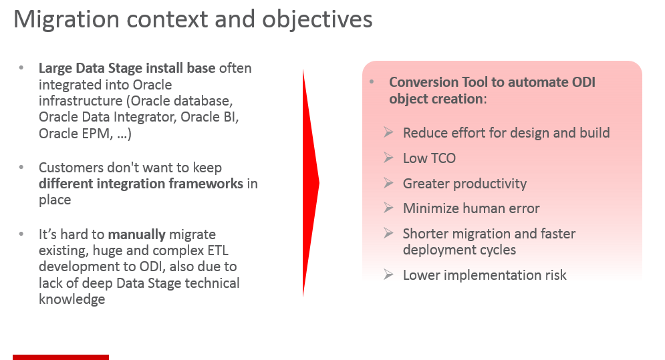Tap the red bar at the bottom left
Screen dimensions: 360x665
click(x=61, y=357)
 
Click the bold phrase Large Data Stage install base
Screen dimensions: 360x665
click(x=126, y=68)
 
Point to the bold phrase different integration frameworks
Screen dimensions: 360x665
click(x=141, y=183)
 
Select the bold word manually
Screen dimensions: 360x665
click(x=137, y=234)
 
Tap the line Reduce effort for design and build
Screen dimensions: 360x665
click(x=506, y=132)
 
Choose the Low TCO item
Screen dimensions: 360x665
click(x=429, y=158)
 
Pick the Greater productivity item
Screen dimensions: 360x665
click(x=464, y=184)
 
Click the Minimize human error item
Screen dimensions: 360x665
click(x=471, y=208)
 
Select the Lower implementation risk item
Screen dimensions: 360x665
click(x=485, y=275)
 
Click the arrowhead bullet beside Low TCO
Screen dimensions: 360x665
click(x=388, y=158)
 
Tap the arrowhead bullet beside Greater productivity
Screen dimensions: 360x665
click(x=388, y=183)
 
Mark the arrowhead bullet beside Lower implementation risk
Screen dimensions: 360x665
click(x=388, y=274)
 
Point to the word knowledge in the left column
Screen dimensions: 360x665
click(x=72, y=299)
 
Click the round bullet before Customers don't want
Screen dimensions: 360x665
click(x=22, y=167)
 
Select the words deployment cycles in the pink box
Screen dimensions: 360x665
click(x=460, y=250)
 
